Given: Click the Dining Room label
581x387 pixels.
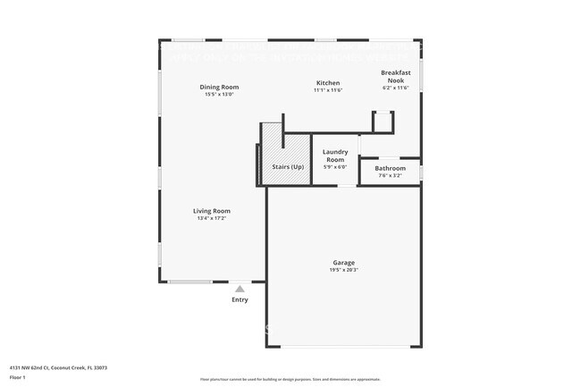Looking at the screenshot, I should [219, 87].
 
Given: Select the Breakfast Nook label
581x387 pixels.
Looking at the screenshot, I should [395, 76].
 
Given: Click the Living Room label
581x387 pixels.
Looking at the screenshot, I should [212, 211].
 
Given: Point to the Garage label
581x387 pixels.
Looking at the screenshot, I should [344, 263].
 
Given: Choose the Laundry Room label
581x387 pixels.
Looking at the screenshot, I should [334, 155].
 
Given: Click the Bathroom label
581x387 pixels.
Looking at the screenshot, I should [390, 168].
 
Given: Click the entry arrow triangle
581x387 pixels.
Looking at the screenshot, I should [240, 289].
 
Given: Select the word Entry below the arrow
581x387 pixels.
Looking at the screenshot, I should [240, 299].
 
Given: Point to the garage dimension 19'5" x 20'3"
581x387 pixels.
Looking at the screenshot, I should [344, 270].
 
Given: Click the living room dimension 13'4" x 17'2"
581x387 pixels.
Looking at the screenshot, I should [212, 218].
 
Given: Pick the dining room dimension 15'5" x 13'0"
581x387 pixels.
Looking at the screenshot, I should [219, 94].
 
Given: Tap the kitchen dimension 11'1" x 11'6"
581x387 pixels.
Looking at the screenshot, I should [327, 90].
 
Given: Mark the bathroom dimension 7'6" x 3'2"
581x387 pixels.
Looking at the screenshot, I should [390, 175].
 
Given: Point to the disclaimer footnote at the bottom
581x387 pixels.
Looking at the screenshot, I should [290, 379].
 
